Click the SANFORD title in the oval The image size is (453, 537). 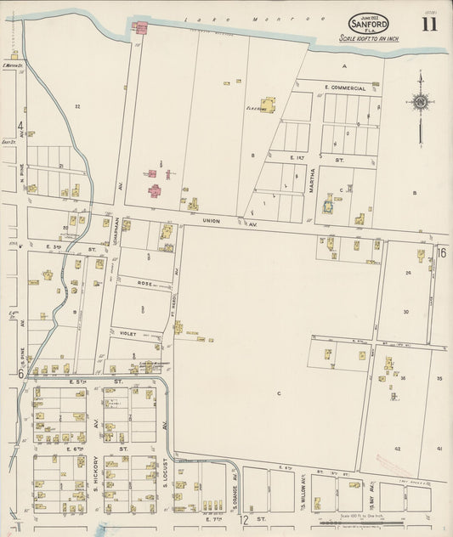(367, 25)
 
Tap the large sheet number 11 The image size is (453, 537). (428, 23)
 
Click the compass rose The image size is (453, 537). (419, 103)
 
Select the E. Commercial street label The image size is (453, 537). (345, 88)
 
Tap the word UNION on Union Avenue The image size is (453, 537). (212, 221)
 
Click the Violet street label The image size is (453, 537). (128, 334)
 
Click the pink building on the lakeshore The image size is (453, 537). (140, 28)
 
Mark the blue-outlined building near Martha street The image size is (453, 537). (328, 204)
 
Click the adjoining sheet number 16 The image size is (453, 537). (441, 252)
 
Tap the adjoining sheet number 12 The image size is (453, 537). (243, 518)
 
